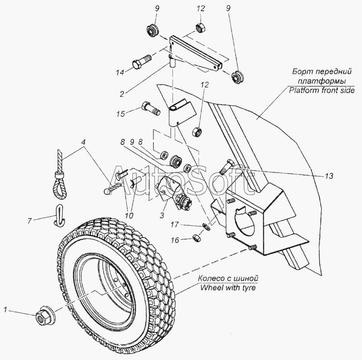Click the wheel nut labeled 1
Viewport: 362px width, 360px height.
coord(43,317)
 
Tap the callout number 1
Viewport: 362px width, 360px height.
coord(5,310)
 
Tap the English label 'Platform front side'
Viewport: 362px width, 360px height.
coord(321,90)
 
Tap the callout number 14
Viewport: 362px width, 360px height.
coord(119,72)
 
